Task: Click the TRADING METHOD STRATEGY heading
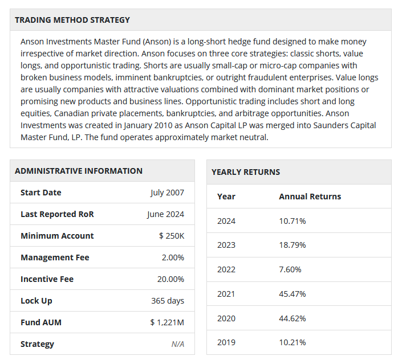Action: click(72, 20)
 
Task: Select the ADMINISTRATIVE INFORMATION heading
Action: click(79, 171)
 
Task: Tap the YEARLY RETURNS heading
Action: click(246, 172)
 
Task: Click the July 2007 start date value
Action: click(167, 193)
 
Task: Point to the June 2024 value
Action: click(165, 214)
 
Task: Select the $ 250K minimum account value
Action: click(172, 236)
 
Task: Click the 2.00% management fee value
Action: click(173, 257)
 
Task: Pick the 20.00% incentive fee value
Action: click(170, 279)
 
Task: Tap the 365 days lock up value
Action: click(168, 301)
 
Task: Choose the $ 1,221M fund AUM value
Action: click(167, 322)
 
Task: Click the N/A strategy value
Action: click(178, 344)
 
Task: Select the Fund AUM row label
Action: click(41, 322)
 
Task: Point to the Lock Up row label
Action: click(36, 301)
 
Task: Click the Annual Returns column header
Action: click(310, 197)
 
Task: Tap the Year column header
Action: click(226, 197)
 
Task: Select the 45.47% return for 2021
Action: click(293, 294)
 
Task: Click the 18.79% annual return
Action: click(293, 245)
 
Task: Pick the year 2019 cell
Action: click(226, 342)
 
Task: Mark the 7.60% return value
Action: click(290, 269)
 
